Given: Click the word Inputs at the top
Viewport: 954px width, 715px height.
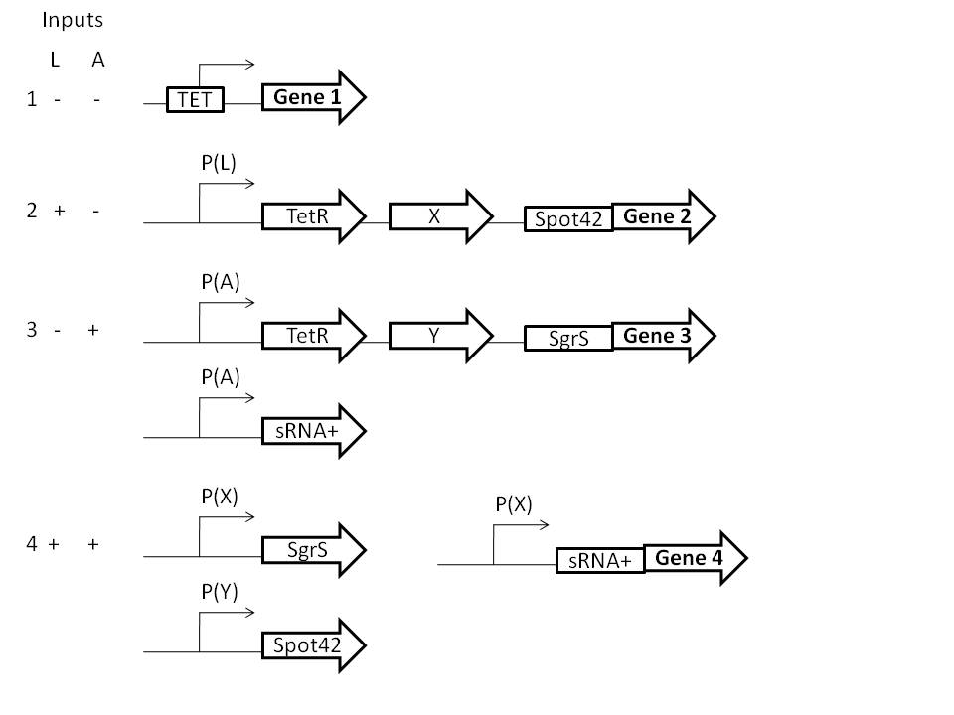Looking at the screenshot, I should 72,19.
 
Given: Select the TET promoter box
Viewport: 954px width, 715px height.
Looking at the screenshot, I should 195,98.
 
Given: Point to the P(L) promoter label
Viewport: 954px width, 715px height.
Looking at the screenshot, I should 218,164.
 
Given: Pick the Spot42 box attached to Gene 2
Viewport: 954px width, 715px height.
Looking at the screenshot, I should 568,219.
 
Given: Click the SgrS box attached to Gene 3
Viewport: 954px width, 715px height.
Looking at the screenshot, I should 568,339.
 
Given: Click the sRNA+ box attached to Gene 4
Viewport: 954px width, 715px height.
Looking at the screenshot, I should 600,561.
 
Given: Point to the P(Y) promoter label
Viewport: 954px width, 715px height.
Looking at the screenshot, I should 219,593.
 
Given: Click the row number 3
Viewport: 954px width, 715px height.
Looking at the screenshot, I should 32,330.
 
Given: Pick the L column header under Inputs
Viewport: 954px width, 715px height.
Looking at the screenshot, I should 55,60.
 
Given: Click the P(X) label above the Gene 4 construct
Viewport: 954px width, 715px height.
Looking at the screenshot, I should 514,503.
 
